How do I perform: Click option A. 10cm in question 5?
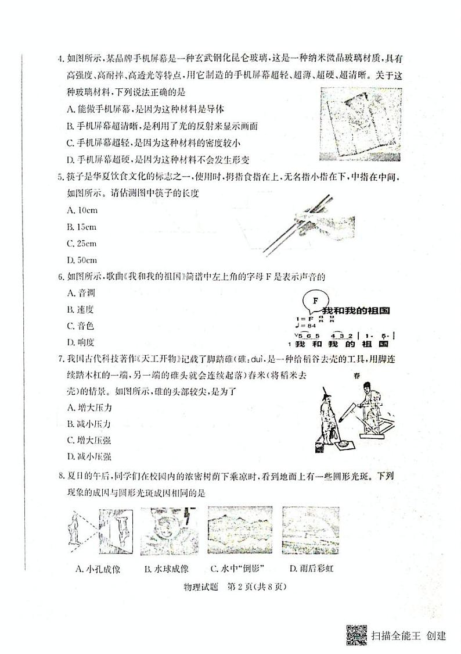82,210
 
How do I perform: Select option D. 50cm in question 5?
82,260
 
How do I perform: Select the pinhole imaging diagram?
101,531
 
